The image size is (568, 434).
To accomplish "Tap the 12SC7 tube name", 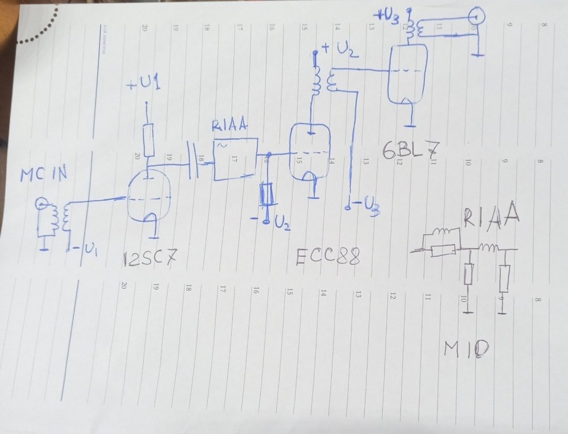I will pyautogui.click(x=149, y=260).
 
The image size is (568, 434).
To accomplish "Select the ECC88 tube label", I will pyautogui.click(x=328, y=257).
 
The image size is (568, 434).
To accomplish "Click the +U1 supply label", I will pyautogui.click(x=144, y=85).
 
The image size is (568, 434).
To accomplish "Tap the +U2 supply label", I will pyautogui.click(x=340, y=51).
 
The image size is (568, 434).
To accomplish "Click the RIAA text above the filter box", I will pyautogui.click(x=229, y=126).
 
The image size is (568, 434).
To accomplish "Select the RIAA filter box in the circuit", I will pyautogui.click(x=235, y=160).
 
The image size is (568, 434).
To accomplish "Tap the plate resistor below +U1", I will pyautogui.click(x=148, y=140).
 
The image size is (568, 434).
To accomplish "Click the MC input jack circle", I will pyautogui.click(x=40, y=203).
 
